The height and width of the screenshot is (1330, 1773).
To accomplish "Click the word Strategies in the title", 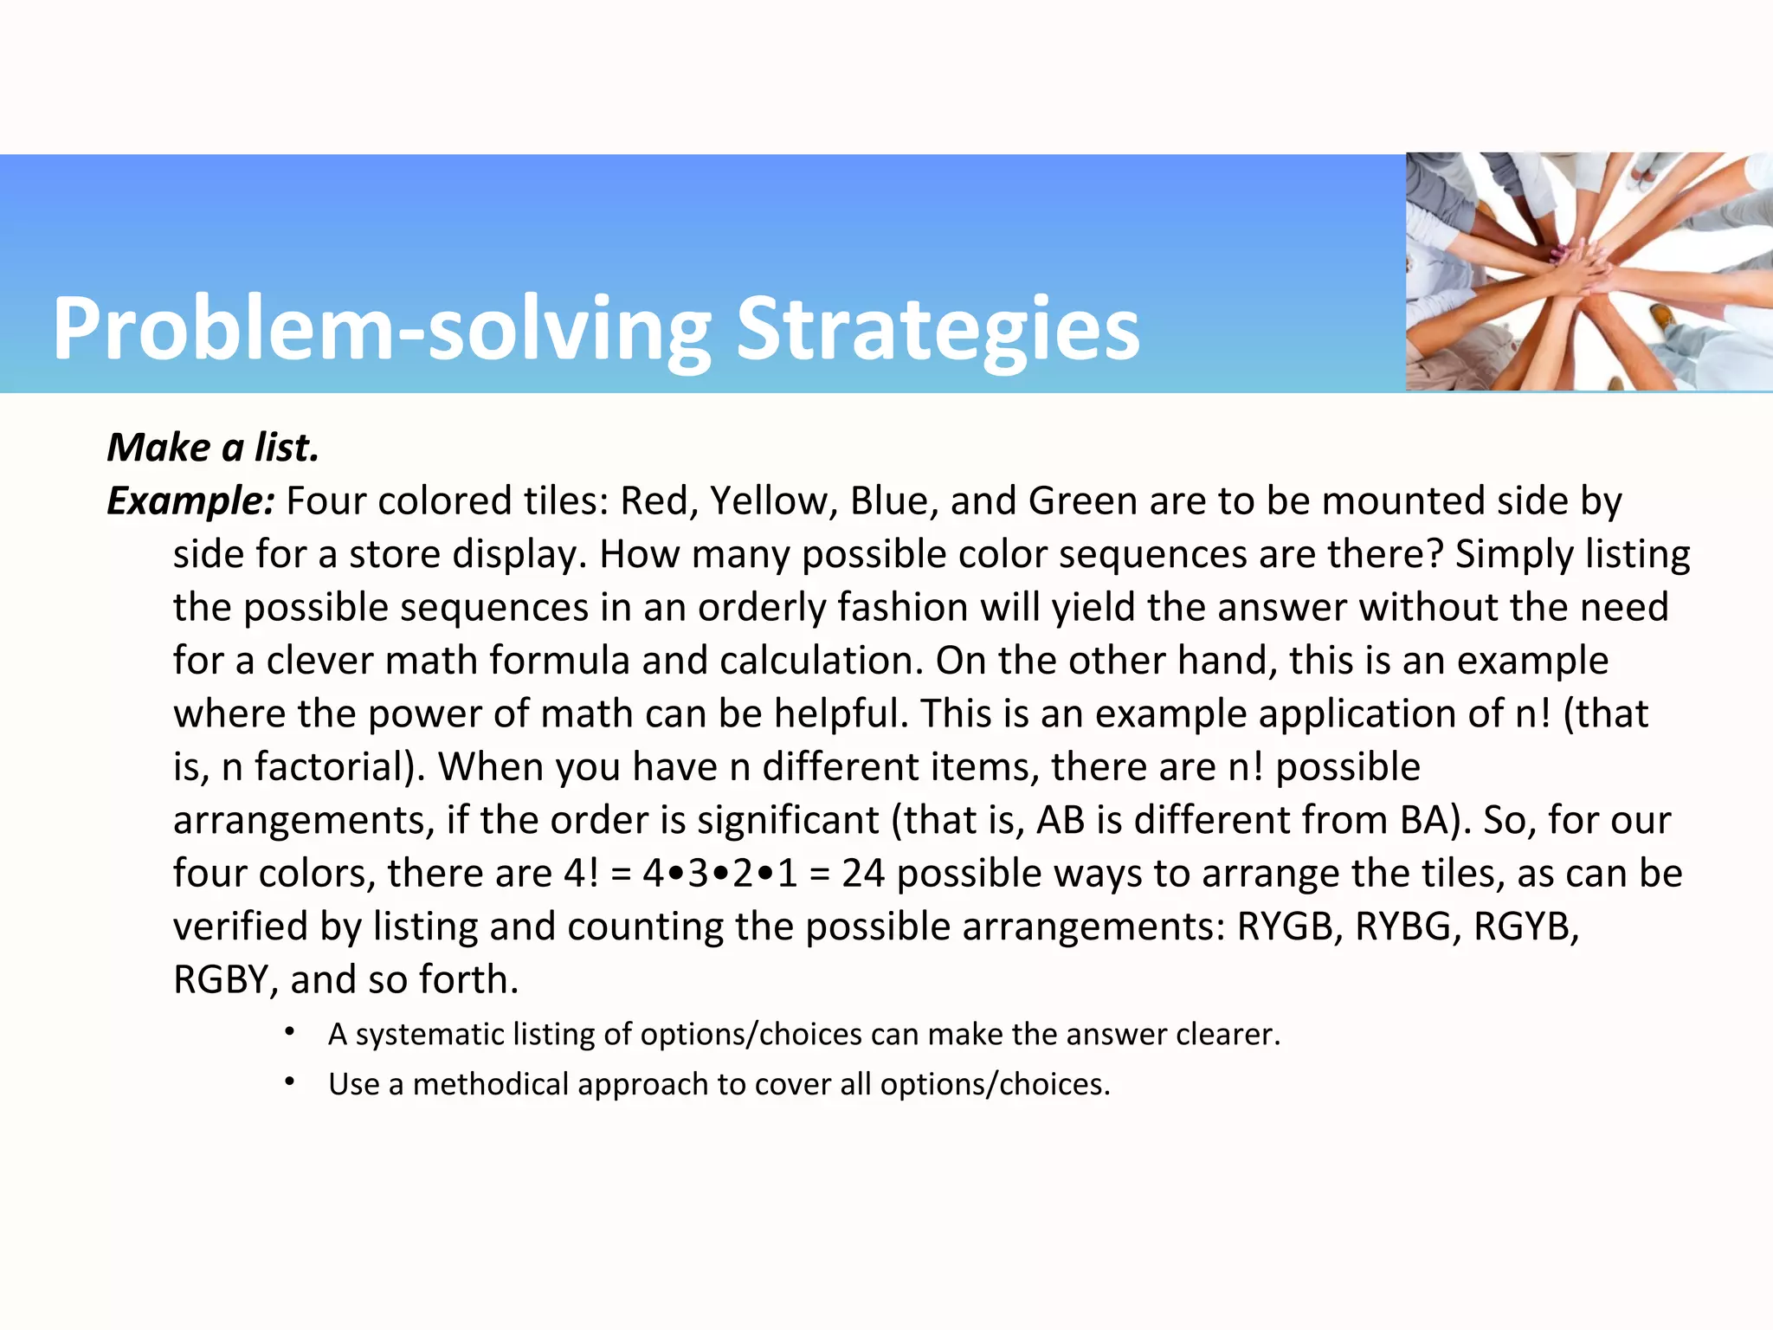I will tap(938, 329).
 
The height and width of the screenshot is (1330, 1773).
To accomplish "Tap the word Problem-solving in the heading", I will tap(381, 329).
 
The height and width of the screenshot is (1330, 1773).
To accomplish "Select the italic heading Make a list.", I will tap(213, 448).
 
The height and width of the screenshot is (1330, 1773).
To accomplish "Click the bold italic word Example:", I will tap(190, 501).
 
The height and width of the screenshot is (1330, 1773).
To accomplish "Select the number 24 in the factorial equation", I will tap(862, 874).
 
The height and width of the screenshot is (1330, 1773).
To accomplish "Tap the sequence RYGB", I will tap(1289, 926).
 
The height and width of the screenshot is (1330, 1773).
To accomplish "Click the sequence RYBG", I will tap(1408, 926).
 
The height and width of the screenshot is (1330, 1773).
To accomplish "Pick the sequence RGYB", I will tap(1525, 926).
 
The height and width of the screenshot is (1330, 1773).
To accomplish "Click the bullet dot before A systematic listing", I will tap(290, 1032).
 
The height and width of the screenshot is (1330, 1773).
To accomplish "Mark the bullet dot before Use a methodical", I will tap(290, 1082).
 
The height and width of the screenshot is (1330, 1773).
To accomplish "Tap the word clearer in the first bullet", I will tap(1226, 1035).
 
